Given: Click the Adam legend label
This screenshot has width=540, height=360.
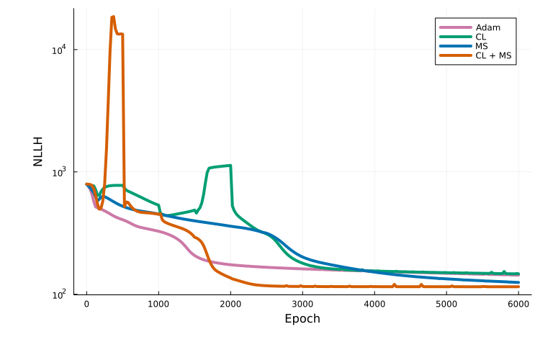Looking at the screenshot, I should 487,27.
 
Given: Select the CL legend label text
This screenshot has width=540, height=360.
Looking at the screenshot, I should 480,37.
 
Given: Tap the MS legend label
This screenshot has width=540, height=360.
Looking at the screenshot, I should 482,46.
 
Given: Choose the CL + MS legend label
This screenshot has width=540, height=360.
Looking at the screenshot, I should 493,55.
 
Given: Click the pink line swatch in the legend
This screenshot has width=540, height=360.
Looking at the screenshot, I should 455,27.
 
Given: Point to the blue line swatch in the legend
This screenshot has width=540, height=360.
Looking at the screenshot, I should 455,46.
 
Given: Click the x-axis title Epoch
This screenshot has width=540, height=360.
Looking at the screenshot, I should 302,319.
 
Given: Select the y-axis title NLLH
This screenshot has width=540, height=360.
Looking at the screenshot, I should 38,151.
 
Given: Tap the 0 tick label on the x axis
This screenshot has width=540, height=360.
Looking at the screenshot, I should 86,305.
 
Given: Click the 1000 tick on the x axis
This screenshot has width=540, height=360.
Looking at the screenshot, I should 158,305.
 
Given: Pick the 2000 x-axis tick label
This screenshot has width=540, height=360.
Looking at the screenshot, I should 230,305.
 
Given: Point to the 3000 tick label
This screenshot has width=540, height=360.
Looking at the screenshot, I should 302,305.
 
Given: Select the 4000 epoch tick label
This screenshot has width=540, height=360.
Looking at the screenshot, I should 374,305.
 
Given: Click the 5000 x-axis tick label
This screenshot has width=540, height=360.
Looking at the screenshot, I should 446,305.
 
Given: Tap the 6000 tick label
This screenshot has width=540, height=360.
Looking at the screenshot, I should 518,305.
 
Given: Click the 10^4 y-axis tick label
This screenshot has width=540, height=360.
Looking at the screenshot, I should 59,50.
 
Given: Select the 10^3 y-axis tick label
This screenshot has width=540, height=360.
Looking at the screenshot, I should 59,172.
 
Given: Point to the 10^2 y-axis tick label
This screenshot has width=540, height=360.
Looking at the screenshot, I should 59,294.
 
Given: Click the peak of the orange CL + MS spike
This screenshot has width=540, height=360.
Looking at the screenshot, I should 112,17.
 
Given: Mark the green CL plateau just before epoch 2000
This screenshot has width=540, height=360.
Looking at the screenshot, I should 220,166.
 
